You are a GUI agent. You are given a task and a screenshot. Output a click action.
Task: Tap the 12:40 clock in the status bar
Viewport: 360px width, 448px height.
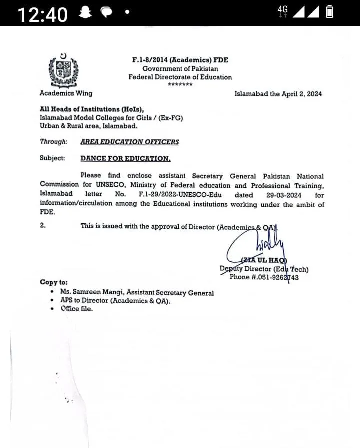click(x=43, y=14)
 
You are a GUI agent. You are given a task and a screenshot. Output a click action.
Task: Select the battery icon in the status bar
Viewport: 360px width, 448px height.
click(x=329, y=12)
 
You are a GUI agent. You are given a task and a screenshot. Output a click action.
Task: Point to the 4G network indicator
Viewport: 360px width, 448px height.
click(x=283, y=12)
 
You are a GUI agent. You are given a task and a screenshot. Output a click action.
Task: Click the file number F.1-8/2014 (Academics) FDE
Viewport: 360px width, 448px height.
click(x=180, y=60)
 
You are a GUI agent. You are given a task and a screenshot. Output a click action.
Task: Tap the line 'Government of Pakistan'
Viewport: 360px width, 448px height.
click(x=180, y=68)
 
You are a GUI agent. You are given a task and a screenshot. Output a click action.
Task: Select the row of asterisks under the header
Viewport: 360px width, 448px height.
click(x=180, y=85)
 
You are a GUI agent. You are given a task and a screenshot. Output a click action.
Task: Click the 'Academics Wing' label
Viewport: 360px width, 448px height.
click(x=66, y=93)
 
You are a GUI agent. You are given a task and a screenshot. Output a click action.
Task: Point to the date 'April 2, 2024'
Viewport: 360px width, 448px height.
click(x=300, y=94)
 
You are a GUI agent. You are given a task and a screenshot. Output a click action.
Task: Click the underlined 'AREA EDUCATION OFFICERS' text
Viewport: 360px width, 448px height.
click(x=129, y=142)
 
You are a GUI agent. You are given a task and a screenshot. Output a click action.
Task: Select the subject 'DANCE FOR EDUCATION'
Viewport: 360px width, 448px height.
click(x=125, y=158)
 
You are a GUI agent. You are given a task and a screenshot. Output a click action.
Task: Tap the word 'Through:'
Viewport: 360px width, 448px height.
click(x=53, y=142)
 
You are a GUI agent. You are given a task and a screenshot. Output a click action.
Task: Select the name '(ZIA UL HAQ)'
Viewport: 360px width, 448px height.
click(x=264, y=260)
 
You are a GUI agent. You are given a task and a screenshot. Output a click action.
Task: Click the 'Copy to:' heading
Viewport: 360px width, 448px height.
click(x=54, y=282)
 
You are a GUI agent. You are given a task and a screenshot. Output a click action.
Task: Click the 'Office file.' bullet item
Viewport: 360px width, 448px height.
click(x=77, y=309)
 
